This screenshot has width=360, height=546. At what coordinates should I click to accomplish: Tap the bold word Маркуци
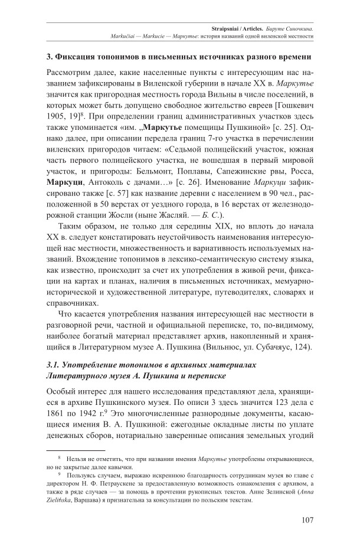pos(66,181)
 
